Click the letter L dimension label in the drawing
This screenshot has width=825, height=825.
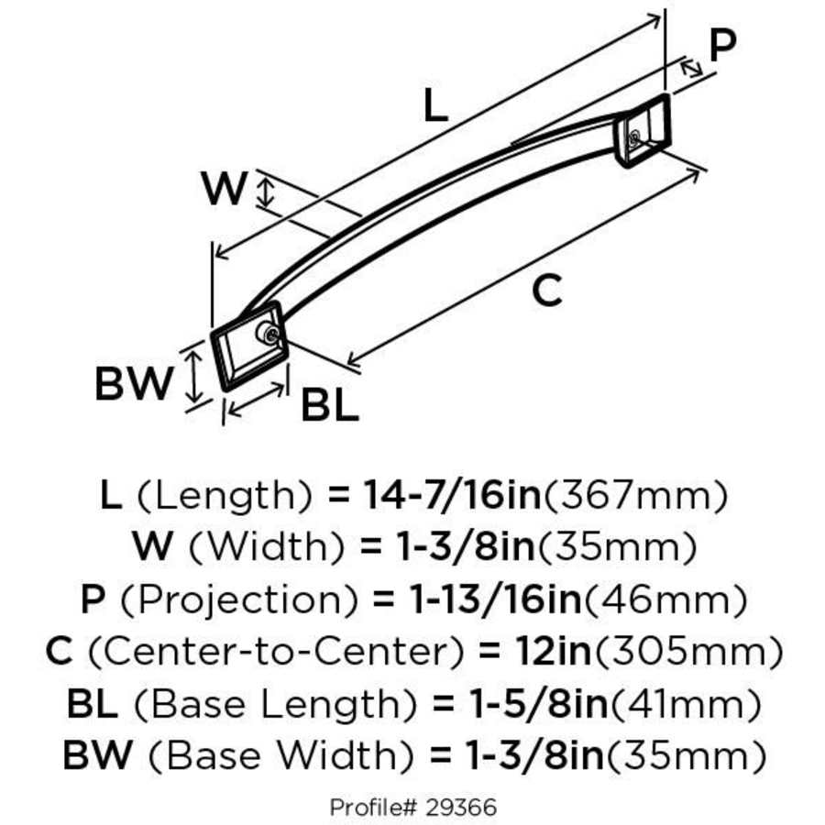tap(436, 107)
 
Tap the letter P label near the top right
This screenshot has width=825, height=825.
tap(723, 47)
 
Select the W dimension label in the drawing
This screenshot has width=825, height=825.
tap(224, 190)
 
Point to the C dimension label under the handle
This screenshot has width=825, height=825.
tap(546, 291)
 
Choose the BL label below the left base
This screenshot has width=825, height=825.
tap(329, 406)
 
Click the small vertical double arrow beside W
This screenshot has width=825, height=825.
tap(267, 192)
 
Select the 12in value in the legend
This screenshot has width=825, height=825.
tap(531, 653)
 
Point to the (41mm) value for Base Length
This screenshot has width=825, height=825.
tap(686, 705)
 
